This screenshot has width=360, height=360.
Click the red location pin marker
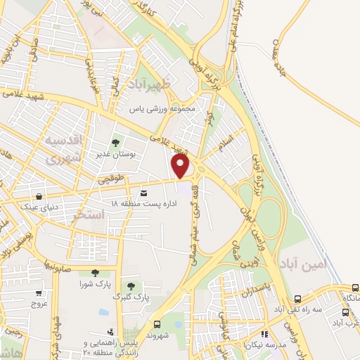pyautogui.click(x=182, y=166)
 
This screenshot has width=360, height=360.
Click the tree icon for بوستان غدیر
pyautogui.click(x=116, y=139)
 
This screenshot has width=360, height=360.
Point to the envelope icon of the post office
pyautogui.click(x=144, y=193)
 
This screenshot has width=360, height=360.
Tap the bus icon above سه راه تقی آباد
pyautogui.click(x=298, y=299)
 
